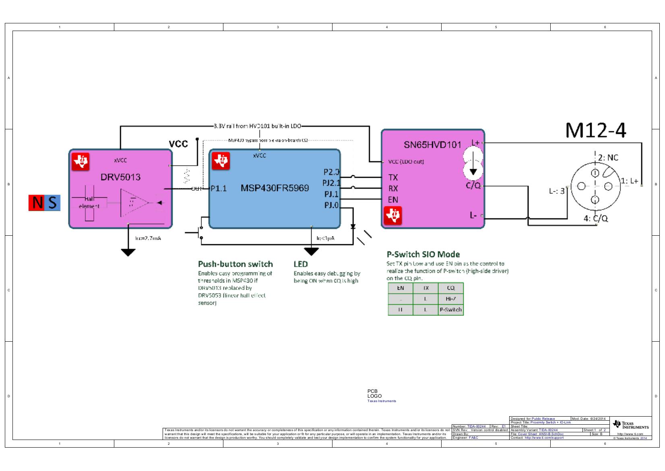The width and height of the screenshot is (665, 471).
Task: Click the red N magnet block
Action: [x=37, y=203]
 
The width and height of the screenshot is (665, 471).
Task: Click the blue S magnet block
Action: [x=53, y=203]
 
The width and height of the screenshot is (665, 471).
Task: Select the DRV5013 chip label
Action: [x=120, y=177]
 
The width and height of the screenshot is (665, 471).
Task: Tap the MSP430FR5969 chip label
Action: [x=275, y=188]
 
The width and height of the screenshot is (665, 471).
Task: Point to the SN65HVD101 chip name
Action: [x=432, y=145]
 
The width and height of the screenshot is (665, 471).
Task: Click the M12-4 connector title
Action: [x=596, y=130]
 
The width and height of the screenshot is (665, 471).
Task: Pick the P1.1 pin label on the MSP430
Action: [x=219, y=188]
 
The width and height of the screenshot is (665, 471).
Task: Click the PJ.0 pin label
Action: [x=331, y=205]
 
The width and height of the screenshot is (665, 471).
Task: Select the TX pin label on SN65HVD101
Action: [x=393, y=177]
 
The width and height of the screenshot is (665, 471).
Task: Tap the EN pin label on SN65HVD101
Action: [x=393, y=199]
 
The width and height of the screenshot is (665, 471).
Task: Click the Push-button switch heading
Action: [x=235, y=264]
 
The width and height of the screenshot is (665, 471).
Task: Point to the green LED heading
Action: [x=301, y=264]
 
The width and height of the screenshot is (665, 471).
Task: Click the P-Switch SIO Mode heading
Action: [x=423, y=254]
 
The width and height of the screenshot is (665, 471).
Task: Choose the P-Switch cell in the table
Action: [x=450, y=310]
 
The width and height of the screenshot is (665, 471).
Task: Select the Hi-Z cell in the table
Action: [x=450, y=299]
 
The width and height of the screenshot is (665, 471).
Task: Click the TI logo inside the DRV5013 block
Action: [x=81, y=162]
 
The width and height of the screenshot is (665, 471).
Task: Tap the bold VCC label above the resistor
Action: [x=178, y=144]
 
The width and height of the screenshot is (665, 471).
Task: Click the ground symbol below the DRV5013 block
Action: [x=128, y=252]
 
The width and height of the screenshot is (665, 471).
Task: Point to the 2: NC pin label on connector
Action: [x=608, y=158]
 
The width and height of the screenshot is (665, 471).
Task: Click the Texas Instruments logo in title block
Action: [x=630, y=425]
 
